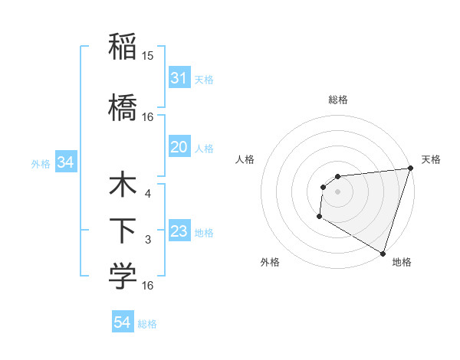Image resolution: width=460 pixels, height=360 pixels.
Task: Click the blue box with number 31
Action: [179, 78]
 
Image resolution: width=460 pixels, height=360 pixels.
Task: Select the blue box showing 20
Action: [179, 147]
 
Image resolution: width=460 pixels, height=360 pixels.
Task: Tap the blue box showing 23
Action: [179, 231]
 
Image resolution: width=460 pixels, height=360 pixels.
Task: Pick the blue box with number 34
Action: [65, 162]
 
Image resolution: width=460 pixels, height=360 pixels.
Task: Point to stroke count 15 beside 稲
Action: [148, 56]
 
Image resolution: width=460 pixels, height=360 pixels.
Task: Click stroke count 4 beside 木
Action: [148, 194]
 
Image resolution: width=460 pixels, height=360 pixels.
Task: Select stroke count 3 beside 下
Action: [148, 240]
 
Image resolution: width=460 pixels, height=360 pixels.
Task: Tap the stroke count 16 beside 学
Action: [148, 286]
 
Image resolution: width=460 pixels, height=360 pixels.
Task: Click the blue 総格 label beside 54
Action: [147, 324]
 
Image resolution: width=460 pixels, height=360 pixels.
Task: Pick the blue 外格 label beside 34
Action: [41, 163]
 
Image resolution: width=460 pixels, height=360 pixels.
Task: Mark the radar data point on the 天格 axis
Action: [410, 169]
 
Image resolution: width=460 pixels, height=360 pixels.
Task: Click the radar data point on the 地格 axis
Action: [383, 253]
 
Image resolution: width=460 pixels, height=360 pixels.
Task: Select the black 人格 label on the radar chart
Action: [245, 159]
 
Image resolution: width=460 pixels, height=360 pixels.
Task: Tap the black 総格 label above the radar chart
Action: [337, 100]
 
